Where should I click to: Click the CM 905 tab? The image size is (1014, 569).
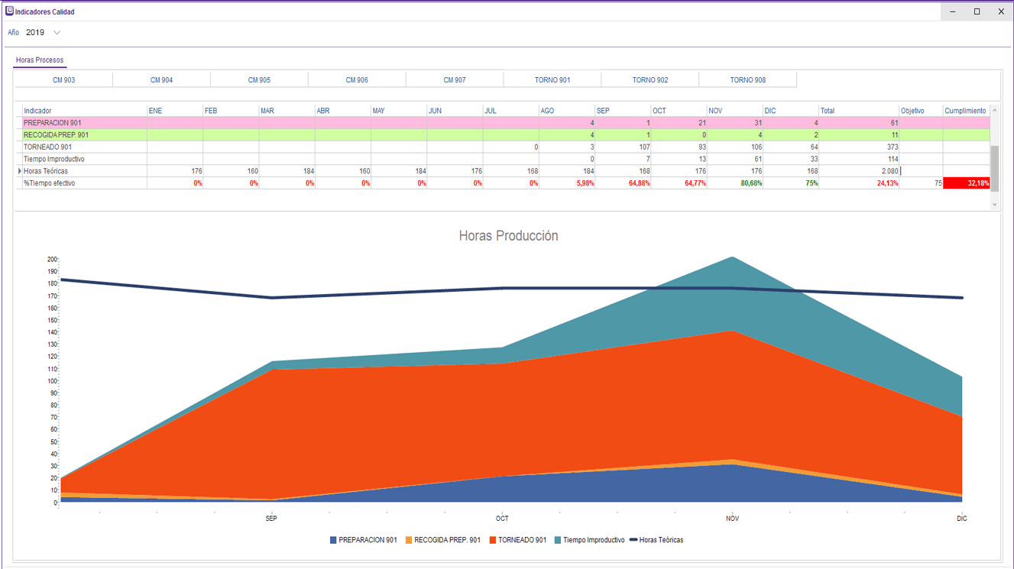click(259, 80)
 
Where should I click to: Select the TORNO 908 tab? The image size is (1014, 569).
click(747, 80)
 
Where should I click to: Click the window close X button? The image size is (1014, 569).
click(1001, 11)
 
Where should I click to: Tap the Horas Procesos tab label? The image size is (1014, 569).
click(40, 60)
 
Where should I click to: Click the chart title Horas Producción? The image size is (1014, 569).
click(508, 236)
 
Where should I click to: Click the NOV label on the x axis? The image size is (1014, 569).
click(732, 519)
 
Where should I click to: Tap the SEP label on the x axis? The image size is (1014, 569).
click(271, 519)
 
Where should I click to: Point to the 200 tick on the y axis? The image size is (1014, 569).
click(53, 260)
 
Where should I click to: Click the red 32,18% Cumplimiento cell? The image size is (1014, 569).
click(966, 183)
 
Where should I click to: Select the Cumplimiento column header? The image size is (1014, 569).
click(965, 111)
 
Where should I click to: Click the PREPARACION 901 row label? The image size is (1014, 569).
click(53, 123)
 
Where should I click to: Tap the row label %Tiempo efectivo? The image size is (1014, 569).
click(50, 183)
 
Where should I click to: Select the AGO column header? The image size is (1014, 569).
click(547, 111)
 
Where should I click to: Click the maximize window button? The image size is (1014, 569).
click(977, 11)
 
